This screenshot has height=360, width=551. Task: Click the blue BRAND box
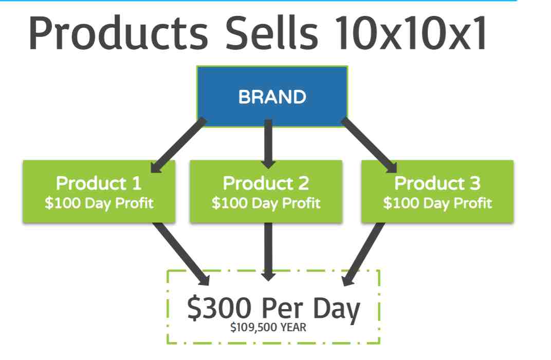(x=272, y=96)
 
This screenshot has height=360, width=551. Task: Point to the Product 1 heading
(x=99, y=183)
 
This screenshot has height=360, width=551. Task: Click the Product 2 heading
(x=266, y=183)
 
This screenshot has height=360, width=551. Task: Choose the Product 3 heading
(x=437, y=183)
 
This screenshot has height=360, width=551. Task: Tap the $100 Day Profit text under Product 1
(x=99, y=203)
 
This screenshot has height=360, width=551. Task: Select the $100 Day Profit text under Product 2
(x=266, y=203)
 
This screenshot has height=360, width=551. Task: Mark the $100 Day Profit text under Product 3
(x=437, y=203)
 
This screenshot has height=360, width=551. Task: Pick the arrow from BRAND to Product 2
(x=268, y=144)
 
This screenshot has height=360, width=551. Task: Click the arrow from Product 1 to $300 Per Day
(x=181, y=254)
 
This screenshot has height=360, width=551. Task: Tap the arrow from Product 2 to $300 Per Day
(x=268, y=252)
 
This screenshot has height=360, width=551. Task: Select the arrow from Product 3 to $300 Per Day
(x=364, y=254)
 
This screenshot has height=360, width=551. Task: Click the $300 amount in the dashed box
(x=219, y=308)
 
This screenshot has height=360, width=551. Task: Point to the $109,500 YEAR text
(x=268, y=327)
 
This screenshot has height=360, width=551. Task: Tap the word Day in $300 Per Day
(x=336, y=310)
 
